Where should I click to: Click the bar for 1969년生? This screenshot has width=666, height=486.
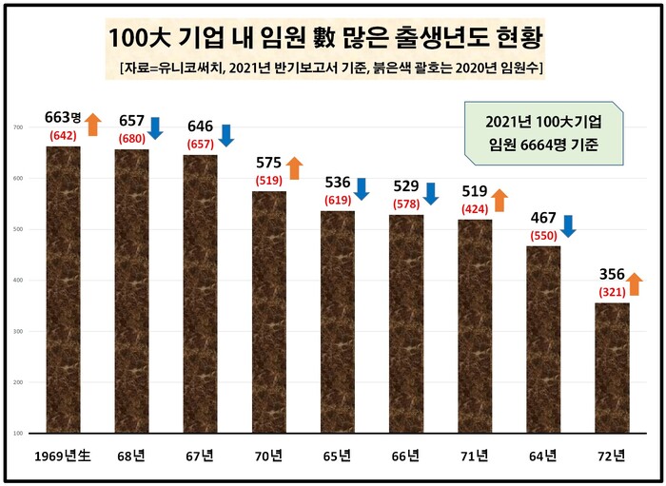[63, 290]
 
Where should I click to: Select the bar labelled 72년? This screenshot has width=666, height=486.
[612, 367]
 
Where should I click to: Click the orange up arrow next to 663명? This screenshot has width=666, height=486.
[92, 125]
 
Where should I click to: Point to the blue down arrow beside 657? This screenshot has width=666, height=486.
[156, 127]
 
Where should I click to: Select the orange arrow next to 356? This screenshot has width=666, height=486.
[636, 282]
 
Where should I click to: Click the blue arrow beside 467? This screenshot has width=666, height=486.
[568, 225]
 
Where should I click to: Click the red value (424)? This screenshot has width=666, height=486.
[474, 207]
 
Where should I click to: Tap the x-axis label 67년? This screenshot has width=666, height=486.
[201, 456]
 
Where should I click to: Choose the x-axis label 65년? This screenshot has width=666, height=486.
[338, 456]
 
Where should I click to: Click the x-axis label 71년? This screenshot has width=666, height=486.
[475, 456]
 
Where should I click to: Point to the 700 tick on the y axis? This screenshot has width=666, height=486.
[18, 127]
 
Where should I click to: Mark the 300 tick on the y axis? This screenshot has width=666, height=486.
[18, 332]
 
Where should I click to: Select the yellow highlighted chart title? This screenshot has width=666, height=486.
[325, 39]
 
